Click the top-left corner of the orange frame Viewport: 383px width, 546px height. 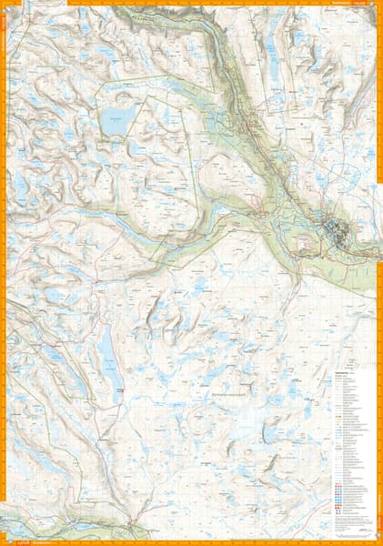(x=3, y=3)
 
